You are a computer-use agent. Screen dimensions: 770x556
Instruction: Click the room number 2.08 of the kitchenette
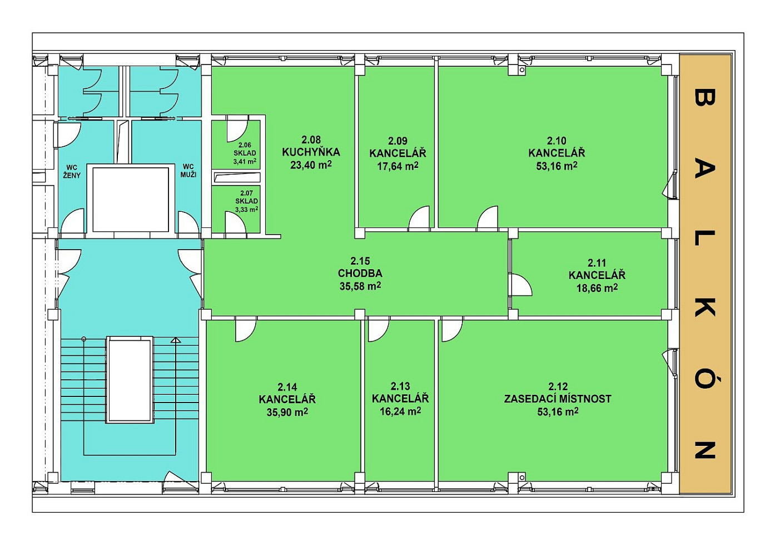311,140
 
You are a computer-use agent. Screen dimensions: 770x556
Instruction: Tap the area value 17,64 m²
398,166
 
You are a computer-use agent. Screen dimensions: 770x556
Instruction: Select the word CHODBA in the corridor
360,274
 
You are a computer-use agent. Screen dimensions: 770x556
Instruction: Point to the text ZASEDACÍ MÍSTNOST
558,399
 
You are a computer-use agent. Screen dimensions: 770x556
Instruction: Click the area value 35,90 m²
287,412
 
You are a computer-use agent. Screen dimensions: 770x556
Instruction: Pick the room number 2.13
400,386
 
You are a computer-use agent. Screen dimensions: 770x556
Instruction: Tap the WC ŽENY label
72,172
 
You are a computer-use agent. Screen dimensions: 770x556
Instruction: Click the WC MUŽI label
188,171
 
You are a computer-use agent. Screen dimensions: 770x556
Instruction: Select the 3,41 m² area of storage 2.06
245,161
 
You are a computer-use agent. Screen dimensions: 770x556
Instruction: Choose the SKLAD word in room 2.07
246,201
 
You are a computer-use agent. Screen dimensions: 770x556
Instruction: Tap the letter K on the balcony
705,307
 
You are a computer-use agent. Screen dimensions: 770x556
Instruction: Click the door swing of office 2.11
521,285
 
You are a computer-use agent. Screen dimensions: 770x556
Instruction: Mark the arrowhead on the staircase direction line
176,340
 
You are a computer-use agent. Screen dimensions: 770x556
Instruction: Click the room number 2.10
557,141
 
